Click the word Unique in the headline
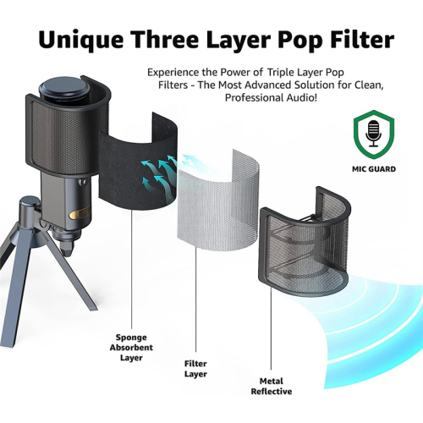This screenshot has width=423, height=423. [x=81, y=40]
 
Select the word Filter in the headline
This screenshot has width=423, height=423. [x=362, y=39]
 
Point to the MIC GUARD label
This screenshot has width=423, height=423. [x=374, y=169]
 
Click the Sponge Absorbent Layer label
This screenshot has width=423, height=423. [x=131, y=348]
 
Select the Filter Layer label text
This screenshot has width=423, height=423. [x=195, y=369]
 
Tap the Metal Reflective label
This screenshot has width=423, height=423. [x=272, y=387]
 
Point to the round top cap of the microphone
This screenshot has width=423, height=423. [x=63, y=90]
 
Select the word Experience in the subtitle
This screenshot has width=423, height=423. [x=173, y=73]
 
